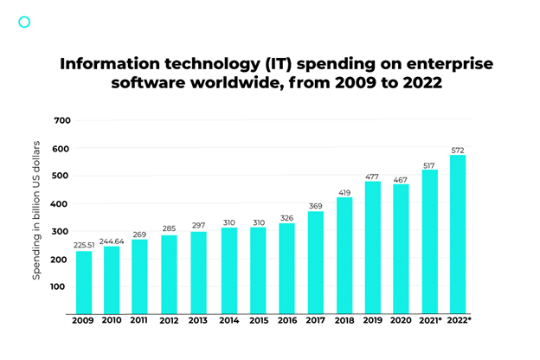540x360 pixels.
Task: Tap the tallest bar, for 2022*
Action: (x=458, y=235)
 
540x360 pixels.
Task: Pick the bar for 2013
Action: (x=198, y=273)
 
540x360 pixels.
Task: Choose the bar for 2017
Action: (x=315, y=262)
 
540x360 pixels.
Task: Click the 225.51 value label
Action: (x=84, y=243)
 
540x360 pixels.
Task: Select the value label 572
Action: (x=458, y=150)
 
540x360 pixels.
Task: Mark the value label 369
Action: (x=315, y=205)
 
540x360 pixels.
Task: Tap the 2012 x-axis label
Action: (x=170, y=322)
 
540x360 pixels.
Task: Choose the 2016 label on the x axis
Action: (x=286, y=322)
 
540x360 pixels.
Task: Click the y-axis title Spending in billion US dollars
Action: (x=37, y=209)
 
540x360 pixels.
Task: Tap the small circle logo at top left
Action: (x=24, y=22)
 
